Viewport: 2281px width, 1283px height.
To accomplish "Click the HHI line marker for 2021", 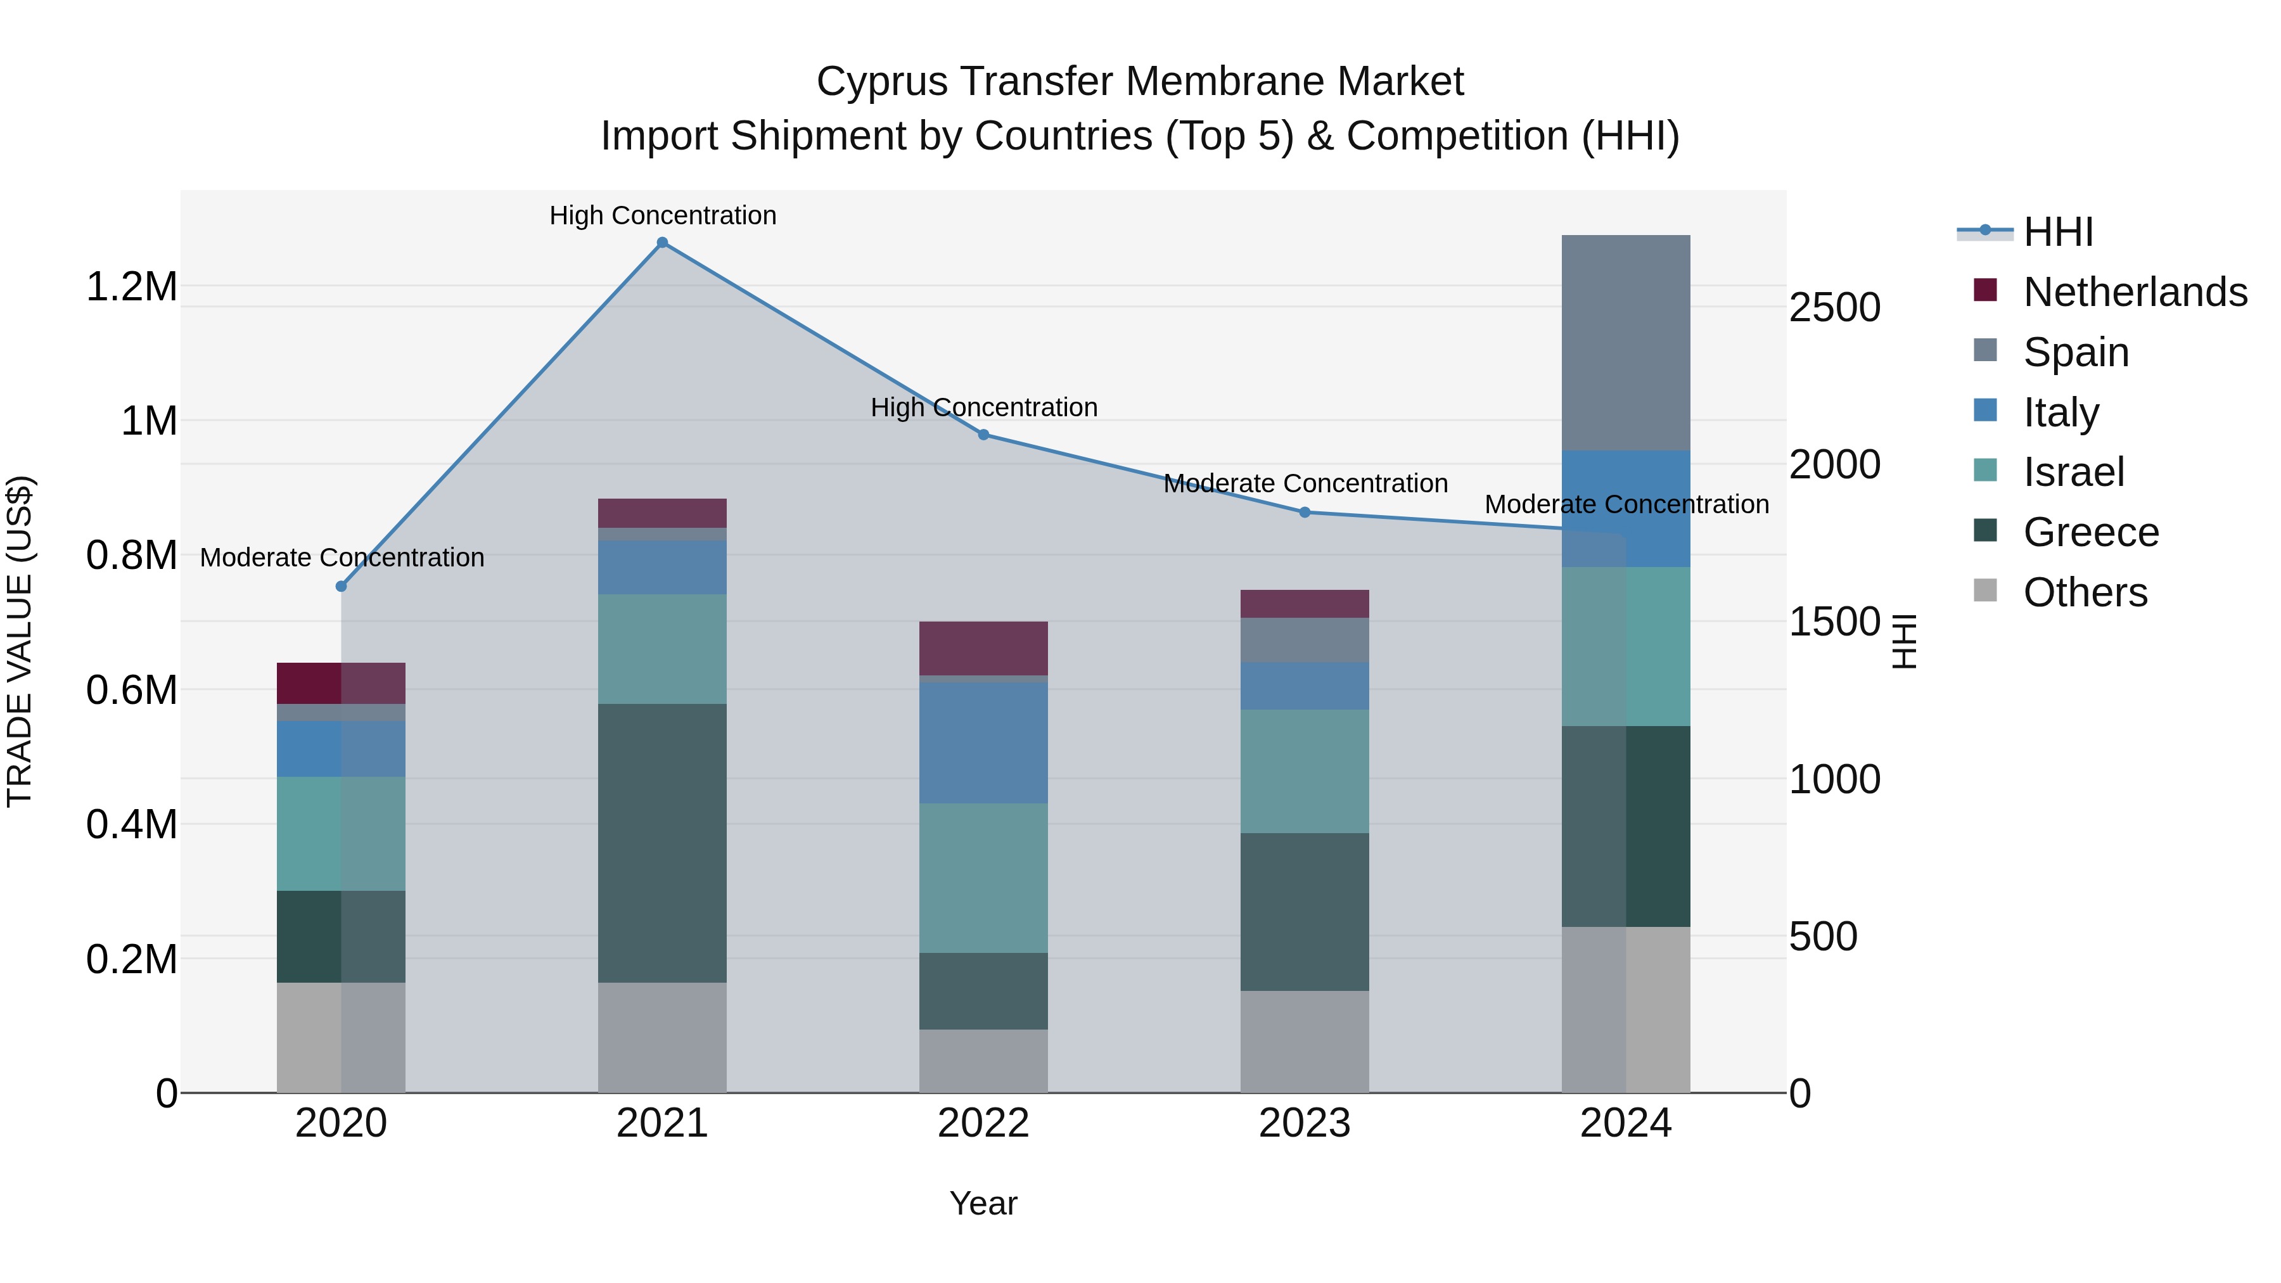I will click(x=662, y=243).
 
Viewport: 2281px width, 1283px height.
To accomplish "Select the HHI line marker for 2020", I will click(x=341, y=586).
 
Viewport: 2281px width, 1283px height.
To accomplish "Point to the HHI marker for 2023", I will click(x=1305, y=512).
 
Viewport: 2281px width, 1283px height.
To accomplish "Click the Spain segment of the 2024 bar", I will click(x=1626, y=343).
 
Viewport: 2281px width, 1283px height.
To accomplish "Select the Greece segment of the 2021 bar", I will click(x=662, y=842).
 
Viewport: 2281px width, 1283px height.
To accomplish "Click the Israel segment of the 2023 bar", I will click(x=1305, y=770).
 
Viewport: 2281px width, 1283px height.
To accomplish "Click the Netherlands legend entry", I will click(x=2135, y=292).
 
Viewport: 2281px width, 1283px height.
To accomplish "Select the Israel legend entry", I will click(x=2073, y=472).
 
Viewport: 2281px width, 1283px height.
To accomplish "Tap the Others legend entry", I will click(x=2085, y=592).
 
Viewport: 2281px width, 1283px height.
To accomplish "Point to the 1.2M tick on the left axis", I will click(x=131, y=287).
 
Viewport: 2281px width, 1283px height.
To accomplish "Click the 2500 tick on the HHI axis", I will click(x=1835, y=308).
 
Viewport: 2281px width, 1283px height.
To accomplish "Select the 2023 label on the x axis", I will click(x=1305, y=1123).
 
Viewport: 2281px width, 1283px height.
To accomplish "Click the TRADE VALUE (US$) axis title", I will click(x=20, y=641).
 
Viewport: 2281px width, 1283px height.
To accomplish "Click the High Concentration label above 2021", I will click(x=662, y=215).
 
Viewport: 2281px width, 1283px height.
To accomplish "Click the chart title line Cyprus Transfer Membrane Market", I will click(x=1140, y=82).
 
